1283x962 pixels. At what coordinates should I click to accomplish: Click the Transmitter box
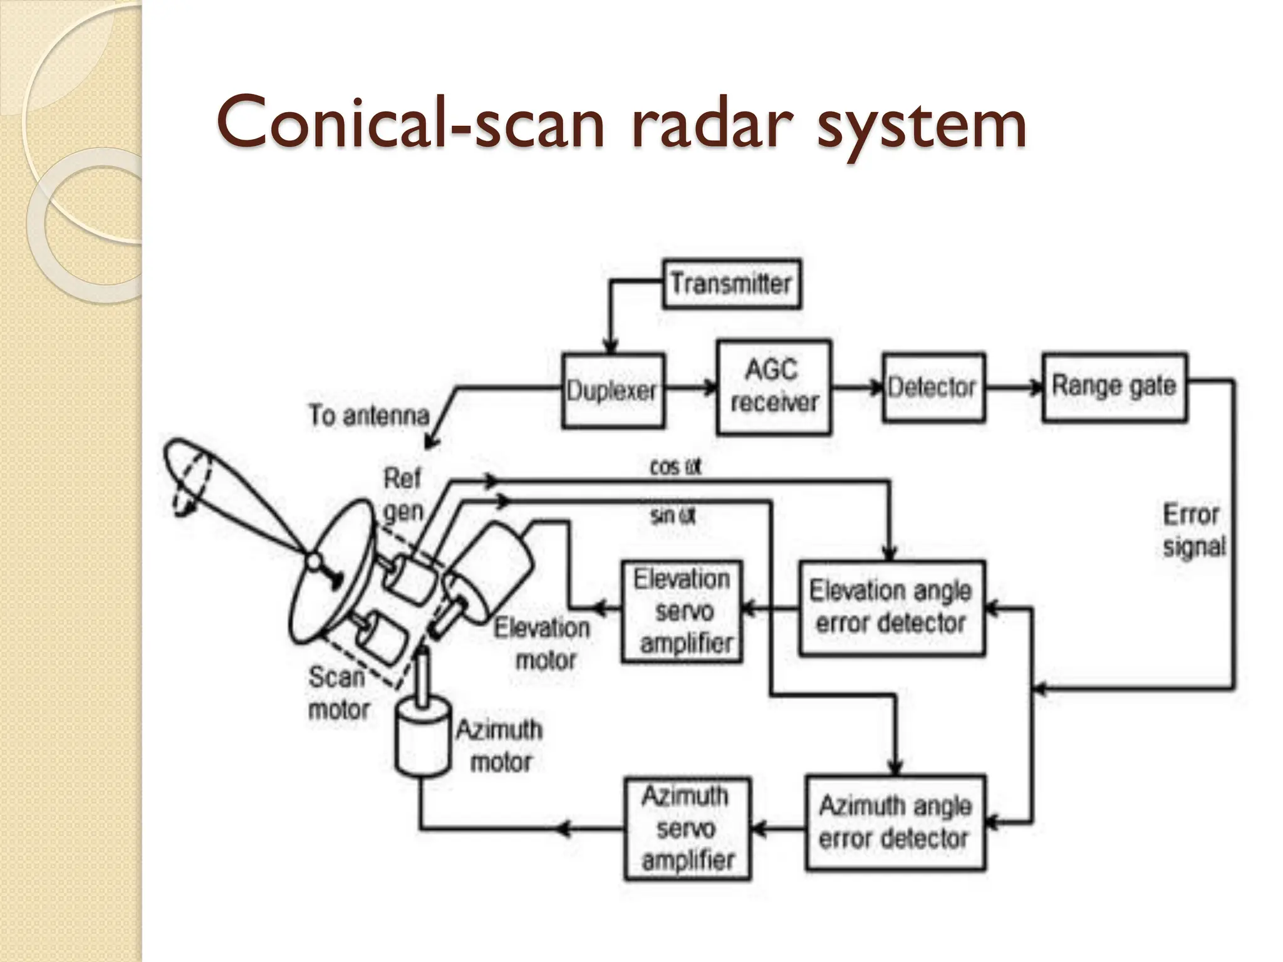pos(731,284)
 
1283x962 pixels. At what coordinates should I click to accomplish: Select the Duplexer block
pos(612,391)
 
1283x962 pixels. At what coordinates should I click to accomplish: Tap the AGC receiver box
pos(773,387)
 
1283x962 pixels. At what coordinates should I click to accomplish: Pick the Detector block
pos(932,388)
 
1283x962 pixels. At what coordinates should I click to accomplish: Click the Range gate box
pos(1114,387)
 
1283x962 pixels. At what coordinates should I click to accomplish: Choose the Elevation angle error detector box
pos(891,608)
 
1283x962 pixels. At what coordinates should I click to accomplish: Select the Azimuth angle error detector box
pos(895,822)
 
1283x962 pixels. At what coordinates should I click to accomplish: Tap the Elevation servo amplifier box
pos(682,611)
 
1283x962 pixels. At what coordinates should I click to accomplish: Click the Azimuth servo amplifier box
pos(687,829)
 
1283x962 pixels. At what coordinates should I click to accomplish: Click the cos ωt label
pos(675,467)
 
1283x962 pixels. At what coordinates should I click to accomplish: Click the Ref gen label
pos(403,495)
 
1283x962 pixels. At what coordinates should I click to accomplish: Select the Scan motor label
pos(338,693)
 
